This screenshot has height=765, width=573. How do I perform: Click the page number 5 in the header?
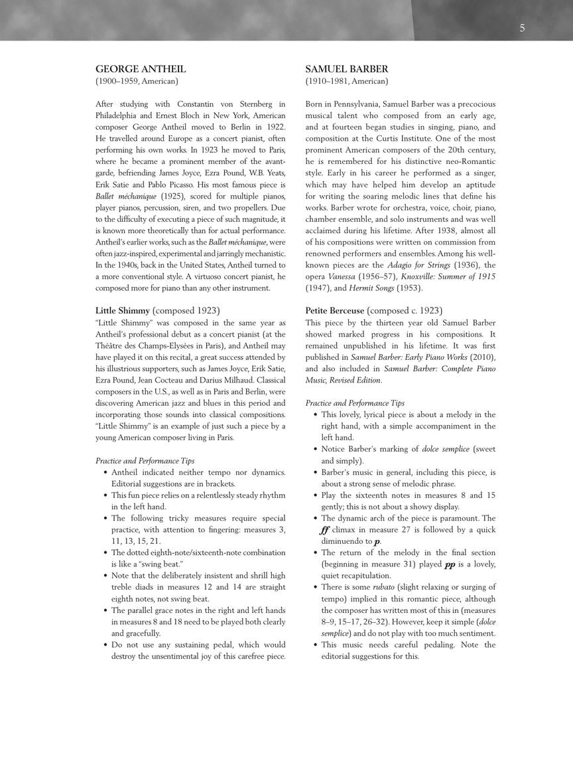pyautogui.click(x=523, y=28)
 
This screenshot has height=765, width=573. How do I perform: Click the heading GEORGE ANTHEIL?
pyautogui.click(x=141, y=69)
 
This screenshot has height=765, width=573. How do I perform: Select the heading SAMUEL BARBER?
pyautogui.click(x=347, y=69)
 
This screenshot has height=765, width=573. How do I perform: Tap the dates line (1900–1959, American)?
pyautogui.click(x=137, y=82)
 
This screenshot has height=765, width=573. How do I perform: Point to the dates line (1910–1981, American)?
pyautogui.click(x=347, y=82)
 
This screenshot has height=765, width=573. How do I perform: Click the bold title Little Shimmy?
pyautogui.click(x=123, y=310)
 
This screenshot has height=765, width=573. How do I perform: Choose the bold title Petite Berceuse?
pyautogui.click(x=335, y=310)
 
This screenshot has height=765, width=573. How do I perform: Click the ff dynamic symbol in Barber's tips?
pyautogui.click(x=325, y=530)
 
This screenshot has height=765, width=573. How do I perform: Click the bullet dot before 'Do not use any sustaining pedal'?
pyautogui.click(x=106, y=645)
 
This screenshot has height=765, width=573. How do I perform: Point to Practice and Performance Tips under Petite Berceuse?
pyautogui.click(x=355, y=403)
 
